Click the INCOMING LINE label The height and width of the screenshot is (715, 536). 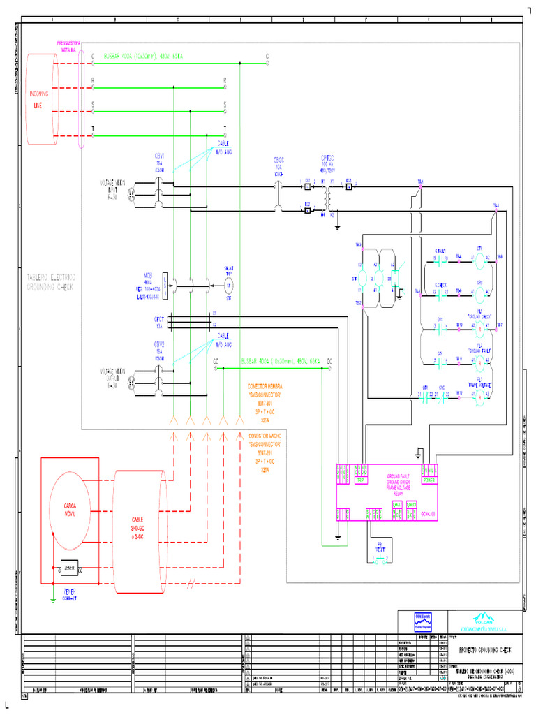click(38, 99)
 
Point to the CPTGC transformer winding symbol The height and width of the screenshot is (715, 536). click(327, 198)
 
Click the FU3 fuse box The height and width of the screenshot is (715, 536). click(349, 184)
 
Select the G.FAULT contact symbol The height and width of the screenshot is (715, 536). click(440, 258)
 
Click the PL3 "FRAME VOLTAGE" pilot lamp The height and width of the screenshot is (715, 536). click(479, 395)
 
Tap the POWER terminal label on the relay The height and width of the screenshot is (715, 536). click(429, 480)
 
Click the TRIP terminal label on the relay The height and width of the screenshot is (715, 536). click(361, 480)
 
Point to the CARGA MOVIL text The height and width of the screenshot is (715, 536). click(70, 508)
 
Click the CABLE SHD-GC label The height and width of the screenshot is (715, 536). click(137, 528)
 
